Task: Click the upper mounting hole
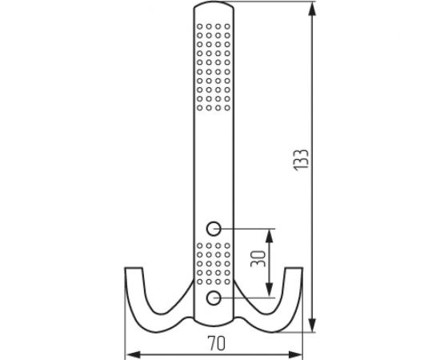tap(214, 227)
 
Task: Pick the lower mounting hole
tap(214, 298)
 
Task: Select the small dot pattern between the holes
tap(214, 262)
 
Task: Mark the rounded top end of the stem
tap(214, 8)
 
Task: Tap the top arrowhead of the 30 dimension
tap(270, 233)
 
